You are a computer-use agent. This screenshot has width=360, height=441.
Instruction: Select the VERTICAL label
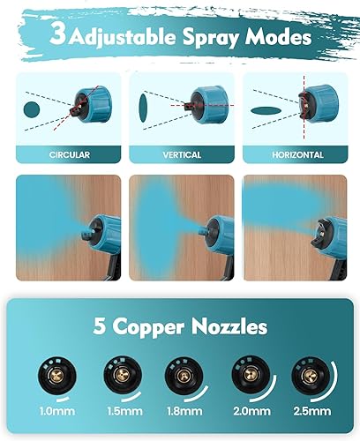[x=181, y=153]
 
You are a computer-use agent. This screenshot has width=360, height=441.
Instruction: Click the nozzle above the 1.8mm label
[x=180, y=377]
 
